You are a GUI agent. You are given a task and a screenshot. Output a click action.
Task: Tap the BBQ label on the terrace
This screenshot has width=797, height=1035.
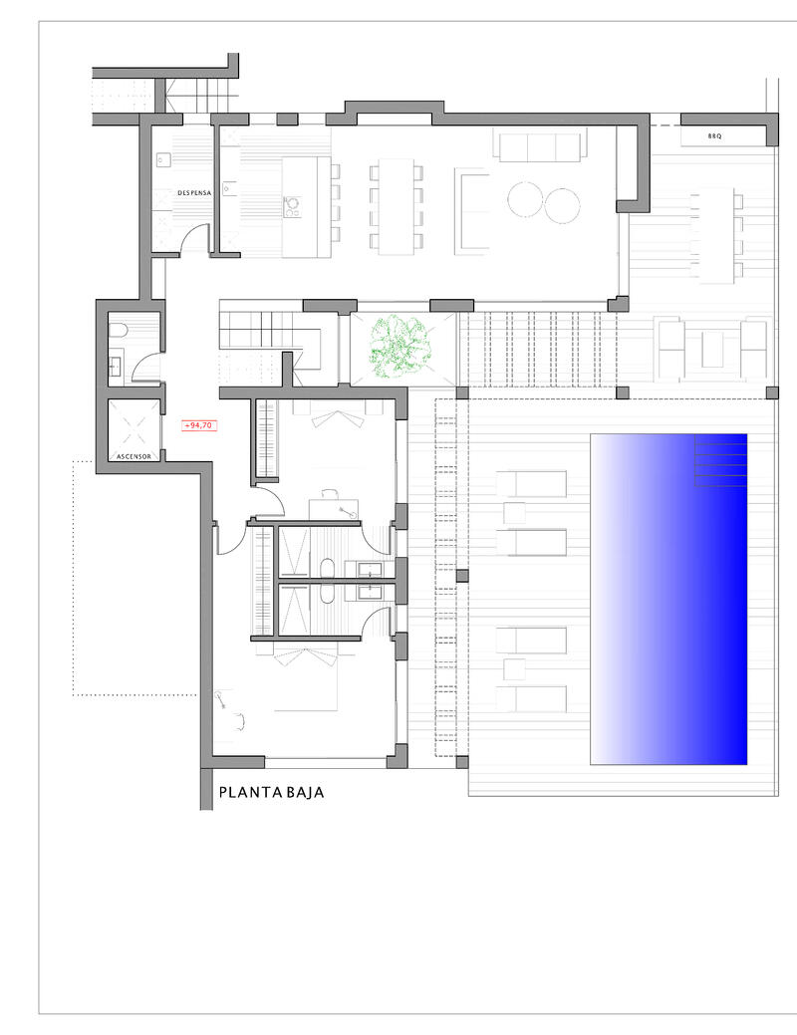714,134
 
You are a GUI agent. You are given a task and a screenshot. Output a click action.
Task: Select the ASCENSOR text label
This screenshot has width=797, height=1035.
133,457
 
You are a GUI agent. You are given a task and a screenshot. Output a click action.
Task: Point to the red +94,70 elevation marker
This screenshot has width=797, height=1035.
199,425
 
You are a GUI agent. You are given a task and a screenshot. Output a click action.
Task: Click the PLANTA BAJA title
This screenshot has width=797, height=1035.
271,793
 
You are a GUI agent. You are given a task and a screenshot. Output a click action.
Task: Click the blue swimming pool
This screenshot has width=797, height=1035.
668,598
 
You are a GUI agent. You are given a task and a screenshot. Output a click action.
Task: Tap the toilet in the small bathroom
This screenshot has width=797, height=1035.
117,332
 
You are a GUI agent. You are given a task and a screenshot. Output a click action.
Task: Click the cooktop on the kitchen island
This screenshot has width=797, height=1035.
293,206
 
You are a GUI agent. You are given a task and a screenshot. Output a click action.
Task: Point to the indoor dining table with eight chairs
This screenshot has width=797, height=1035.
395,205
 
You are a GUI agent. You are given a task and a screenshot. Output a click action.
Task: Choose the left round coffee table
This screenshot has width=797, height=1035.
526,202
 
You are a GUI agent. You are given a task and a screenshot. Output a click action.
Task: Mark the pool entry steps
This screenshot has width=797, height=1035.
719,461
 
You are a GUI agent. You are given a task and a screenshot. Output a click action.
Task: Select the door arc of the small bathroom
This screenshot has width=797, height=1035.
147,368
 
